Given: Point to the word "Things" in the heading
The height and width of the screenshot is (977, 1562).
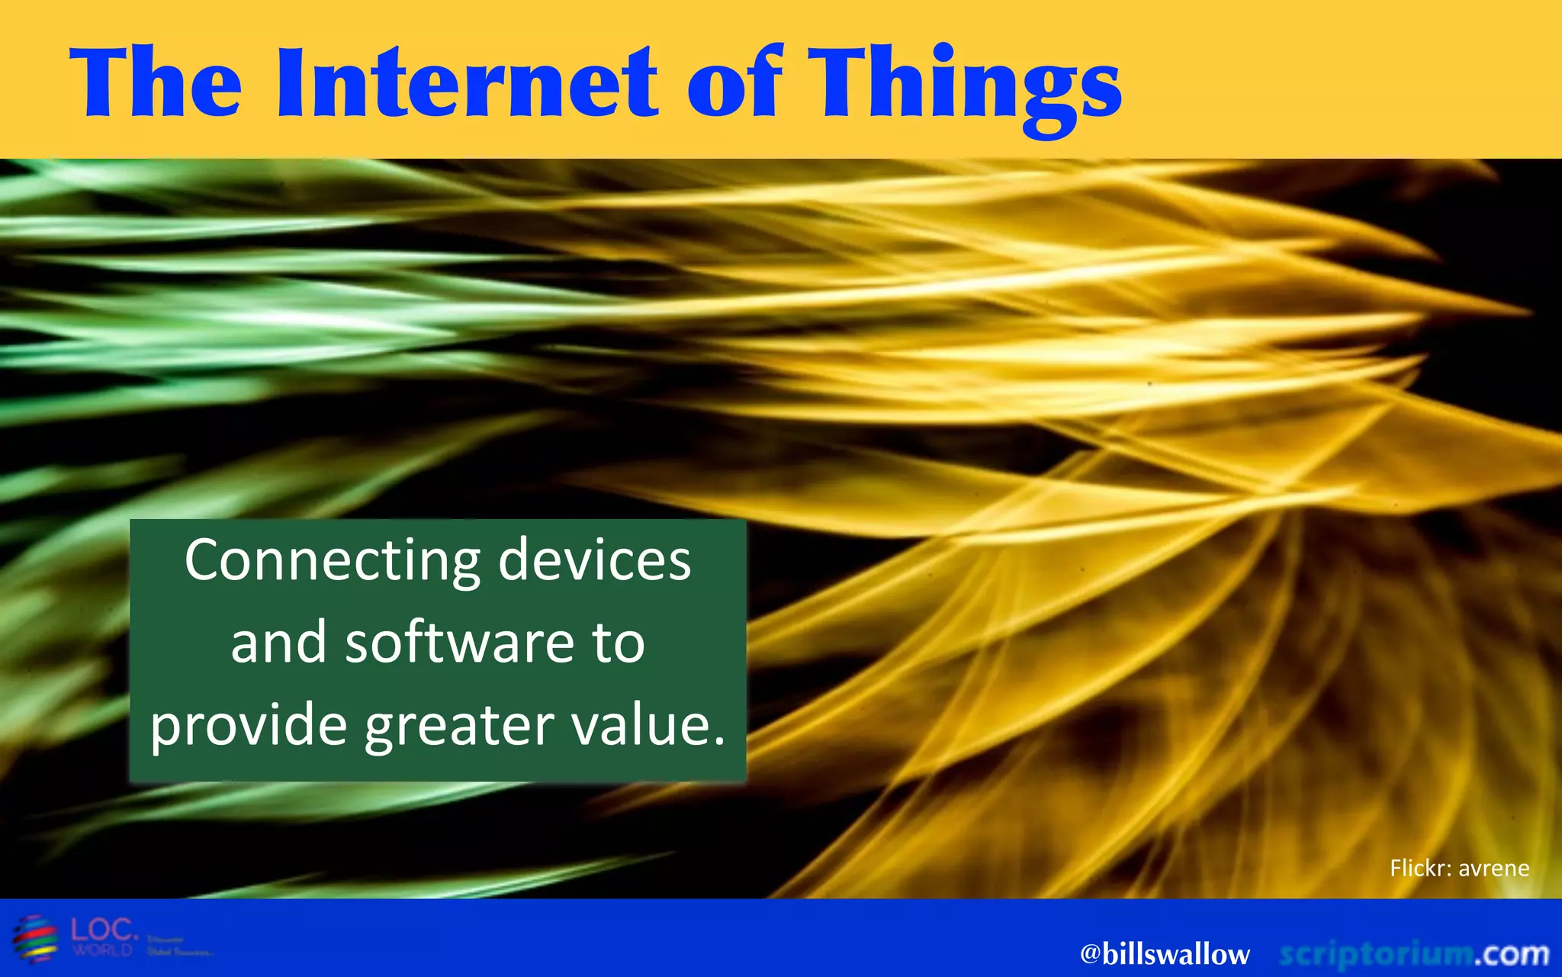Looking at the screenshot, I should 965,88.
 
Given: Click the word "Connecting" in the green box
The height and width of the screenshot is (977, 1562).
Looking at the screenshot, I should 332,562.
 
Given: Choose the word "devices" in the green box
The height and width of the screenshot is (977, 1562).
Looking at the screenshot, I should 595,560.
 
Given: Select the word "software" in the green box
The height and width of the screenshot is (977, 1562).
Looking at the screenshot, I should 460,643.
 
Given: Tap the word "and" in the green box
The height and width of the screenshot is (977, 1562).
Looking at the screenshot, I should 279,643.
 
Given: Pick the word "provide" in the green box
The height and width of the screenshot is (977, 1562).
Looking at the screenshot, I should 249,727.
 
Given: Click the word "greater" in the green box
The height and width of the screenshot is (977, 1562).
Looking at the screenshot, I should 459,727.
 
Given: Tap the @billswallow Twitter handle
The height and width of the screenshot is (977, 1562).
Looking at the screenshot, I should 1165,954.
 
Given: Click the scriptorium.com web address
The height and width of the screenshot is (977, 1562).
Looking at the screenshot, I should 1414,954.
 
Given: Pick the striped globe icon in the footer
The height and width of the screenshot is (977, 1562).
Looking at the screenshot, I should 35,937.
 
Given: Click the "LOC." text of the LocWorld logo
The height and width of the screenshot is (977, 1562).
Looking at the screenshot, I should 104,930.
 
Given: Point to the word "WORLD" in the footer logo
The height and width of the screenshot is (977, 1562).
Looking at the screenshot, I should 103,950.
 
